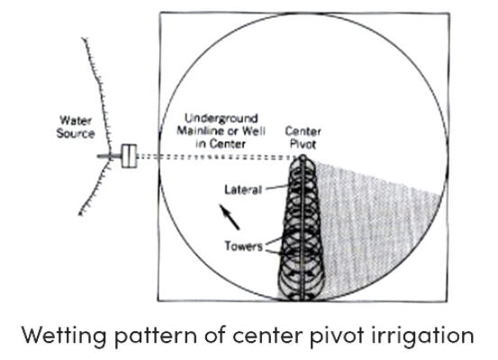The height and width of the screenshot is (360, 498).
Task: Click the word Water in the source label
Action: tap(76, 121)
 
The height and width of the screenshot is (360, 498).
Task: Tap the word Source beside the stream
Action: tap(76, 133)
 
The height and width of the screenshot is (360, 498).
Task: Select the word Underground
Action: tap(221, 119)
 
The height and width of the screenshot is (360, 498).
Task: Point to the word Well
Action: tap(254, 130)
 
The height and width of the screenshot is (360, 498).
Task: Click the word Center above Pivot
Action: tap(303, 131)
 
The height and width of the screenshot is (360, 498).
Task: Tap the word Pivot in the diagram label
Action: tap(303, 144)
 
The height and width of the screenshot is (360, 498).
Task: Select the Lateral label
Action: tap(243, 190)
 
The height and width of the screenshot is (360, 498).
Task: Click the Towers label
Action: tap(244, 246)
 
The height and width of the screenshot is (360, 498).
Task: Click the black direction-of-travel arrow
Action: tap(230, 217)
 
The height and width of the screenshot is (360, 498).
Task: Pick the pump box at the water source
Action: tap(130, 156)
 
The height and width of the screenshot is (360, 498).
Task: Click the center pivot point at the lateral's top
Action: tap(303, 157)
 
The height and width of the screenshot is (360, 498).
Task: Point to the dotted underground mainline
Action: tap(218, 157)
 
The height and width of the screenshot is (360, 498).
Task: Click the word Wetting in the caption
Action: tap(64, 335)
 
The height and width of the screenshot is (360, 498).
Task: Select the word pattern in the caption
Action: tap(155, 337)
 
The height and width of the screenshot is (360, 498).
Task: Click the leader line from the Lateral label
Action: tap(276, 187)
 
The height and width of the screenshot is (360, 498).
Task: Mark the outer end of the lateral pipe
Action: tap(303, 299)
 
